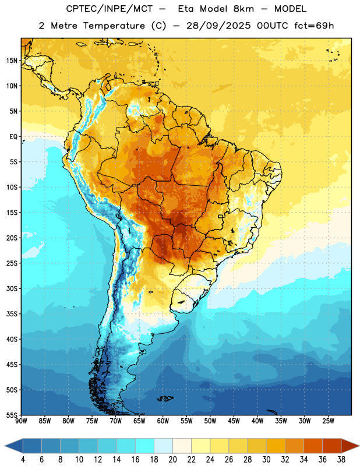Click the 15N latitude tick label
[x=12, y=61]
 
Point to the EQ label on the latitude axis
[x=13, y=137]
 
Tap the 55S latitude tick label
[x=12, y=415]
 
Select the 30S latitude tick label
[x=12, y=288]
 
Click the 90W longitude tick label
[x=21, y=421]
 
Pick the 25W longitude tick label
[x=328, y=421]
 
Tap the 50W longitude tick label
[x=210, y=421]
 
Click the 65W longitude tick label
[x=139, y=421]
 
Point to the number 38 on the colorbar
[x=341, y=460]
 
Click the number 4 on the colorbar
[x=23, y=460]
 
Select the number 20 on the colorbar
[x=172, y=460]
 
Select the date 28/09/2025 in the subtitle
[x=218, y=26]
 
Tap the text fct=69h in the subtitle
[x=314, y=26]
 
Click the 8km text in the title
[x=243, y=9]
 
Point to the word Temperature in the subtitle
[x=114, y=26]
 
